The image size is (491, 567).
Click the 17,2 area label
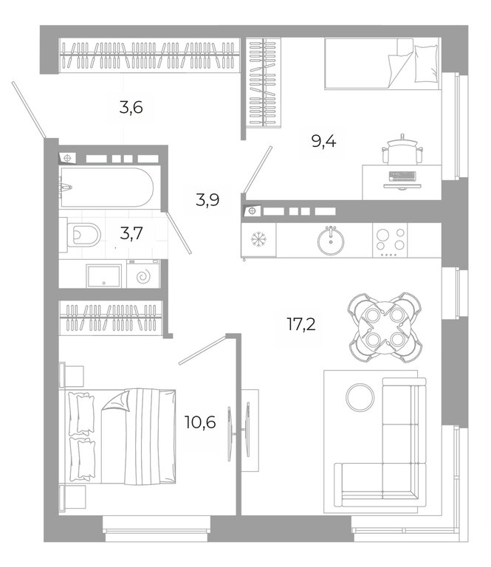[301, 323]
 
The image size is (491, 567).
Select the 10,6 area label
[200, 422]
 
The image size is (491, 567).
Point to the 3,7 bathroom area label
[131, 233]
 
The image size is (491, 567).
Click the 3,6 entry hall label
[131, 107]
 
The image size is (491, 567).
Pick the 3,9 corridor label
[207, 199]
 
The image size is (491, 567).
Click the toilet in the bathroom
[84, 235]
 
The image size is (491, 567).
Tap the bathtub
[106, 187]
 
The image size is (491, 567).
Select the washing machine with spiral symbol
[143, 274]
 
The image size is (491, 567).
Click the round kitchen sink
[331, 241]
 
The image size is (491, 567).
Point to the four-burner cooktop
[390, 240]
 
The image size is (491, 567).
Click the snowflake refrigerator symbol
[258, 239]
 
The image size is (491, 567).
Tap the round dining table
[385, 327]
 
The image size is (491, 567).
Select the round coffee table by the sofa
[360, 396]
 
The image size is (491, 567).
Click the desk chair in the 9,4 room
[402, 149]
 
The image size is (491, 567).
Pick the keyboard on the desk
[402, 176]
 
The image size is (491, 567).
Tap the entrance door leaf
[28, 109]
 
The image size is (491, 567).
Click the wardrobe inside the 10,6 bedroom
[111, 318]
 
